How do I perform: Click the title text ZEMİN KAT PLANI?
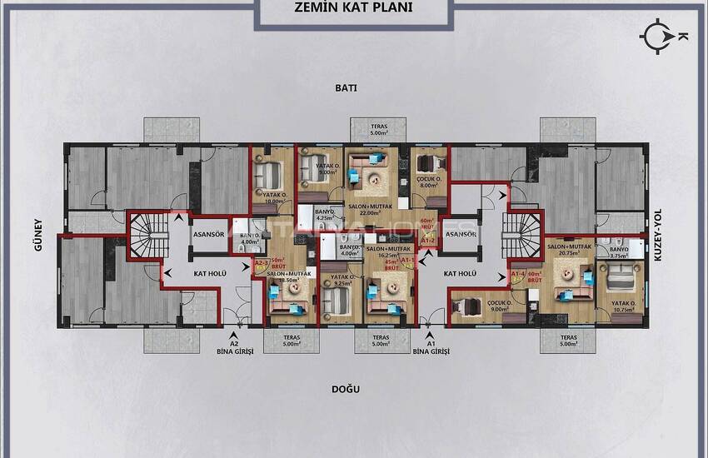click(353, 9)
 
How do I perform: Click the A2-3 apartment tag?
click(261, 265)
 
